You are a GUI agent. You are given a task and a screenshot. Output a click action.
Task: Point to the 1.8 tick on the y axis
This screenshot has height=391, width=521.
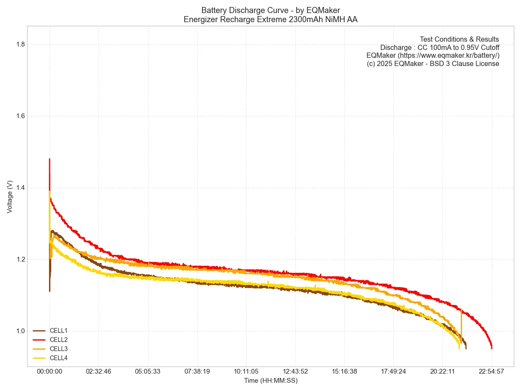click(x=20, y=44)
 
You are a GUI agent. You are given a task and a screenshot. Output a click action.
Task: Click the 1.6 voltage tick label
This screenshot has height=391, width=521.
click(x=20, y=116)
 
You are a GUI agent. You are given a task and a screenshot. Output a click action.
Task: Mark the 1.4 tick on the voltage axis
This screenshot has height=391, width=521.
click(x=20, y=188)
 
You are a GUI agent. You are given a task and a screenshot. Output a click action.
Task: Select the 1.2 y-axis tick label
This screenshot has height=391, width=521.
click(x=20, y=259)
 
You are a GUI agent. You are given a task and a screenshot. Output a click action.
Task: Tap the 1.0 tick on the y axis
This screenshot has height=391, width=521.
click(x=20, y=331)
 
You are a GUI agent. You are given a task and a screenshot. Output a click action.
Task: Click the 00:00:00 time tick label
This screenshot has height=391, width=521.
click(x=49, y=371)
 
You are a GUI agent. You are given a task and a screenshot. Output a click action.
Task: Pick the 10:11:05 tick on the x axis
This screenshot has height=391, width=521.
click(x=246, y=371)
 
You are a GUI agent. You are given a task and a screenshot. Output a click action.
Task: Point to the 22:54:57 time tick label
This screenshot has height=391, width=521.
click(x=491, y=371)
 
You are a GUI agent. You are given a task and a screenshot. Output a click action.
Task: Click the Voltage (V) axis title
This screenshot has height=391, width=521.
click(x=10, y=197)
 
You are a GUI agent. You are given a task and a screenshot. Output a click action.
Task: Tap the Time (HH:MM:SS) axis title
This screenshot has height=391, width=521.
click(x=270, y=381)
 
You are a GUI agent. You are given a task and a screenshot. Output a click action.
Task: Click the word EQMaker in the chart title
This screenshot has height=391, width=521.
click(x=323, y=10)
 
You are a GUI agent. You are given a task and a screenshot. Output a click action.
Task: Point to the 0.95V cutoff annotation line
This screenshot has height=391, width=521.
click(x=439, y=47)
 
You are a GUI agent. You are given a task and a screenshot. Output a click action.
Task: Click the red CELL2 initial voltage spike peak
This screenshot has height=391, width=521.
click(x=49, y=159)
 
